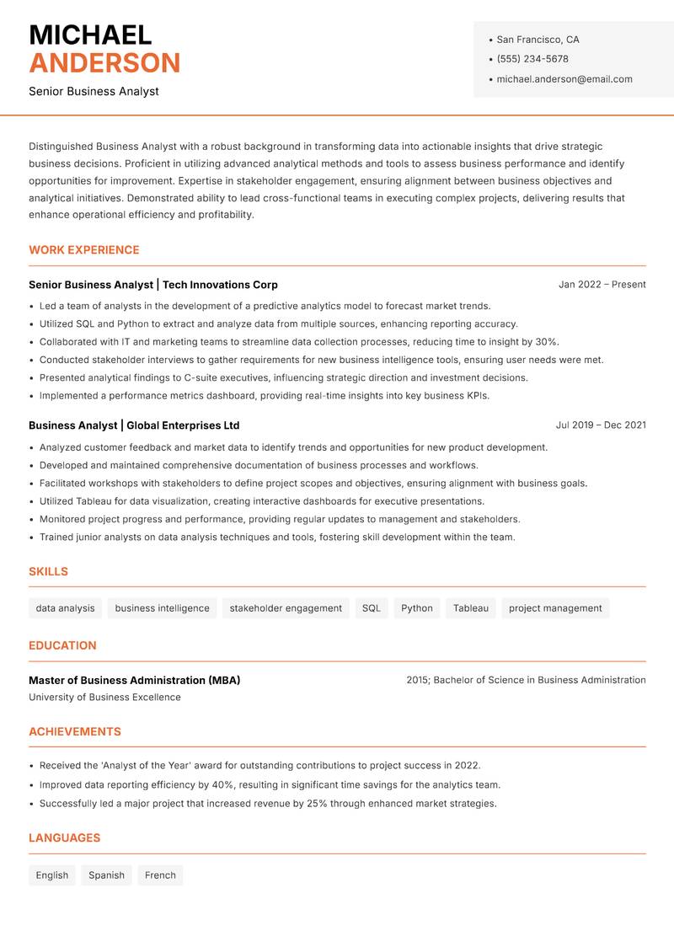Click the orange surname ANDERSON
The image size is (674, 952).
click(104, 63)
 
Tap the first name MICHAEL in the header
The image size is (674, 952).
click(90, 35)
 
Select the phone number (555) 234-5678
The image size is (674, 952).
click(532, 59)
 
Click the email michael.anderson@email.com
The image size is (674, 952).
click(564, 79)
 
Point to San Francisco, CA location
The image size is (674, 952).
click(538, 40)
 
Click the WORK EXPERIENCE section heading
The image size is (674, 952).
click(84, 250)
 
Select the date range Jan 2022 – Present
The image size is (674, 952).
click(602, 285)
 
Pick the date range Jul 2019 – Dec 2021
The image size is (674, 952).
click(601, 425)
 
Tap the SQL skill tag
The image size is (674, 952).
click(372, 608)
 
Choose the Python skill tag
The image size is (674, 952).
click(417, 608)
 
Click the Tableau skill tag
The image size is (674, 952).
click(471, 608)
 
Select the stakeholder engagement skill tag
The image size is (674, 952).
click(286, 608)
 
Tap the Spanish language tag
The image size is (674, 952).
click(106, 875)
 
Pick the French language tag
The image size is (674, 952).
click(160, 875)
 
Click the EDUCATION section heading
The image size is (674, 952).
click(62, 645)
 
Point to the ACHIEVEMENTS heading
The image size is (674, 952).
click(75, 732)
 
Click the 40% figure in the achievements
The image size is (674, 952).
click(222, 785)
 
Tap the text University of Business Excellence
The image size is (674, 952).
click(104, 698)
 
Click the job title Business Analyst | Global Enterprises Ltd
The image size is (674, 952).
click(134, 425)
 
